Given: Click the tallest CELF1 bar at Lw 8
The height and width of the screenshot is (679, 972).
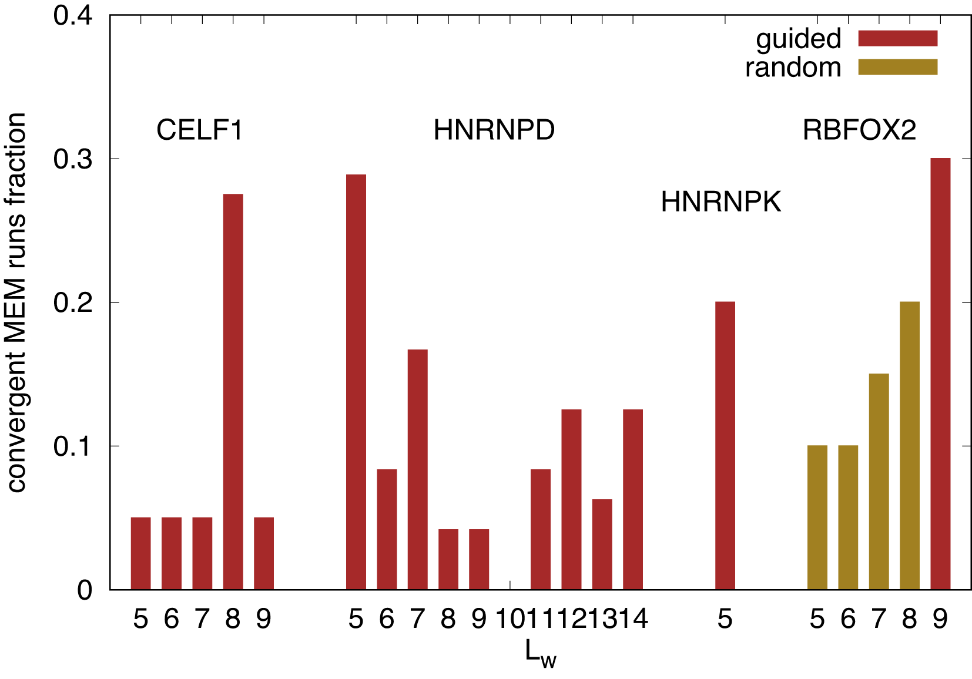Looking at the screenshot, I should [x=233, y=391].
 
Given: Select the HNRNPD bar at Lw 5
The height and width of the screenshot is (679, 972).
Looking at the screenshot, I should [x=356, y=382].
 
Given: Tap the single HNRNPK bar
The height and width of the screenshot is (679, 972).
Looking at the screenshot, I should [x=725, y=445].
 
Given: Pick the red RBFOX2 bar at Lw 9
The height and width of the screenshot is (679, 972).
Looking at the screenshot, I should [x=940, y=374].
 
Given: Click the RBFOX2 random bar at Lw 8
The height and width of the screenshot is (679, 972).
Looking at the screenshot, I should [x=909, y=445].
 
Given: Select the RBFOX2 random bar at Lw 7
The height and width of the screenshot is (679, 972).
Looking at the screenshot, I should [x=879, y=481].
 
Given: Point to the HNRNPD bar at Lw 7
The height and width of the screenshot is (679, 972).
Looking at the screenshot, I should [x=417, y=469].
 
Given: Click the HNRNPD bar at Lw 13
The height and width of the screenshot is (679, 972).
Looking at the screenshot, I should [x=602, y=544].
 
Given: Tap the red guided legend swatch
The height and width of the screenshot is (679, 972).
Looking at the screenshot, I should [x=897, y=38].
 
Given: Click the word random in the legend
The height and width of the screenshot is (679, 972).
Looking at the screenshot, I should [x=793, y=68].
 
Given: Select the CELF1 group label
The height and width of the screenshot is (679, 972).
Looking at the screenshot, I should [x=199, y=130].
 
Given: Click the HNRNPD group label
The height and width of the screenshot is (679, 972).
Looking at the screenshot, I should [x=494, y=130].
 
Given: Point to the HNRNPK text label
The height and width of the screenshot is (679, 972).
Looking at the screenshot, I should [x=720, y=202].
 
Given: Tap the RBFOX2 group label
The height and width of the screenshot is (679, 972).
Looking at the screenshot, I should [x=859, y=130].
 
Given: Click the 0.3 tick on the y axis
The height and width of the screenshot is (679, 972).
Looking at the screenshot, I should [x=73, y=159].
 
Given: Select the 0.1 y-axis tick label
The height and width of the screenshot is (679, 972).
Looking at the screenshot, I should [x=73, y=446].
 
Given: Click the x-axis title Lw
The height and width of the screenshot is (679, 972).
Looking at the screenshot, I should [x=540, y=653].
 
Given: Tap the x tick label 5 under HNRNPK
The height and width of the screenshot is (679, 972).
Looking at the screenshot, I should [x=725, y=619].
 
